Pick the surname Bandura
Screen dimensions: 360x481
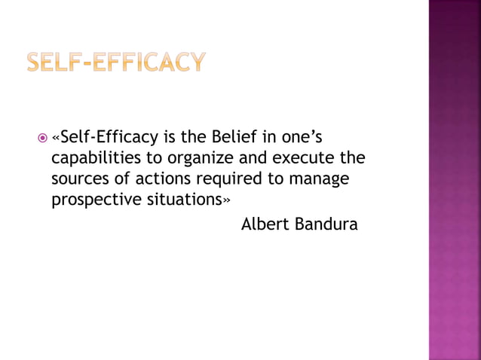tap(326, 224)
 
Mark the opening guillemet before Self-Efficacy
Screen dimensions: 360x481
tap(55, 139)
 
